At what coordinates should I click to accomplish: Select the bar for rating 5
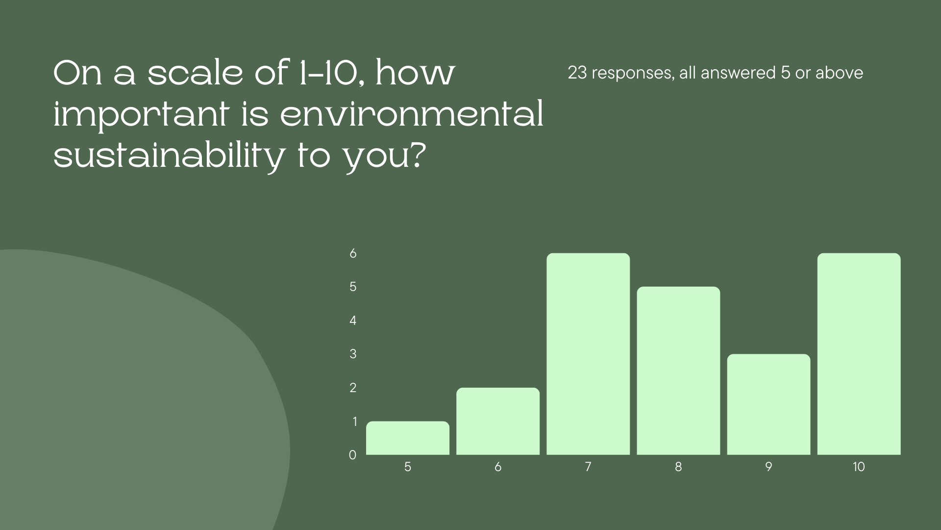408,438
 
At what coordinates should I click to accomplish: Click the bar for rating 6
498,421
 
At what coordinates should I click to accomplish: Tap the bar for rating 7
588,354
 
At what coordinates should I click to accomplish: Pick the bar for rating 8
678,371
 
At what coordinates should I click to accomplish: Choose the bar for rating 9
768,404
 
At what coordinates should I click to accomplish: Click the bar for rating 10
859,354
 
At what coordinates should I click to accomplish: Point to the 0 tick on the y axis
352,455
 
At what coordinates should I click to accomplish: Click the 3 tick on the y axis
353,354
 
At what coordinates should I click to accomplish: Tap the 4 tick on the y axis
353,320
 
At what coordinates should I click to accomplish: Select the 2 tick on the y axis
353,388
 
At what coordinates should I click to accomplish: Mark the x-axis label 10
859,467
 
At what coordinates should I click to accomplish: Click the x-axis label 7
588,467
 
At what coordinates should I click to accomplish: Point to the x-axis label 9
768,467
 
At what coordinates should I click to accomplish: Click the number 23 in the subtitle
577,73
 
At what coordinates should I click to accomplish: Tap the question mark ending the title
414,156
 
